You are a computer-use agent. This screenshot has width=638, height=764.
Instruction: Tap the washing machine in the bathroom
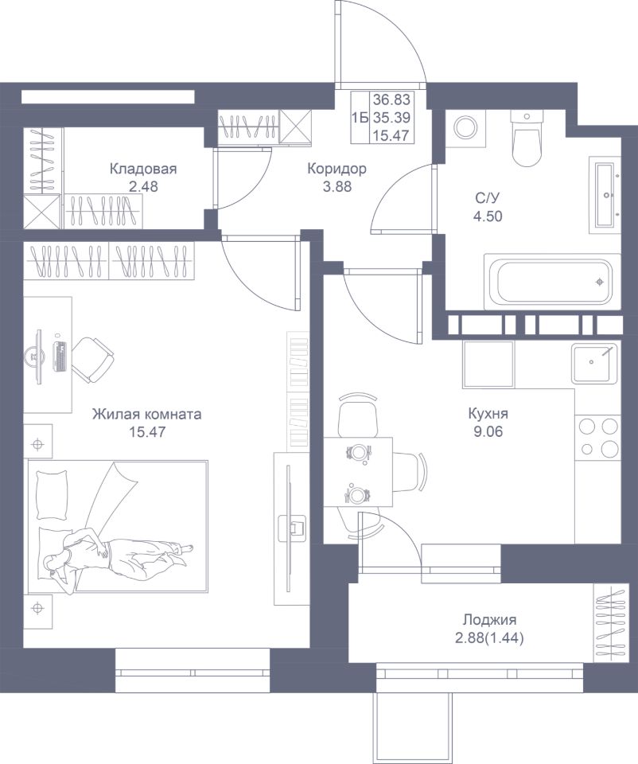click(466, 127)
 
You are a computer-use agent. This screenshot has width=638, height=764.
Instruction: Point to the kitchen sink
click(595, 363)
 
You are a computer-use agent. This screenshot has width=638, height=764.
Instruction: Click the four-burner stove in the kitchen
click(598, 438)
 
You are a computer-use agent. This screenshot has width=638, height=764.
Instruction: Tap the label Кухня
click(488, 414)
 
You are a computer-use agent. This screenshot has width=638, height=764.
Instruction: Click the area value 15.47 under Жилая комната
click(147, 431)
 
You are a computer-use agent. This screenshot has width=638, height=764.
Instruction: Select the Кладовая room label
click(143, 169)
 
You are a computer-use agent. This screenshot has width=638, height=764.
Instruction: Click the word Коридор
click(337, 169)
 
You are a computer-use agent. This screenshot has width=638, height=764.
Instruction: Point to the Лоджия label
click(489, 620)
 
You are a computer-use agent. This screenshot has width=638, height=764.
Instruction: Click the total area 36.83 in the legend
click(391, 100)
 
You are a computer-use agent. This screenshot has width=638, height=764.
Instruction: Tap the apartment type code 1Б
click(360, 118)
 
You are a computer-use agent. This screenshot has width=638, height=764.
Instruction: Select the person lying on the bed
click(117, 558)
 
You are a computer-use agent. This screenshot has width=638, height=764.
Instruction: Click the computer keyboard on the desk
click(60, 357)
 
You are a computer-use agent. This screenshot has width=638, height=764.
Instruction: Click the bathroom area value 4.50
click(488, 216)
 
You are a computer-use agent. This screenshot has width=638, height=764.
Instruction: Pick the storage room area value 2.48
click(143, 186)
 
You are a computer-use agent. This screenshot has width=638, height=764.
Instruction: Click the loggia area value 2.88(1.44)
click(489, 637)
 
